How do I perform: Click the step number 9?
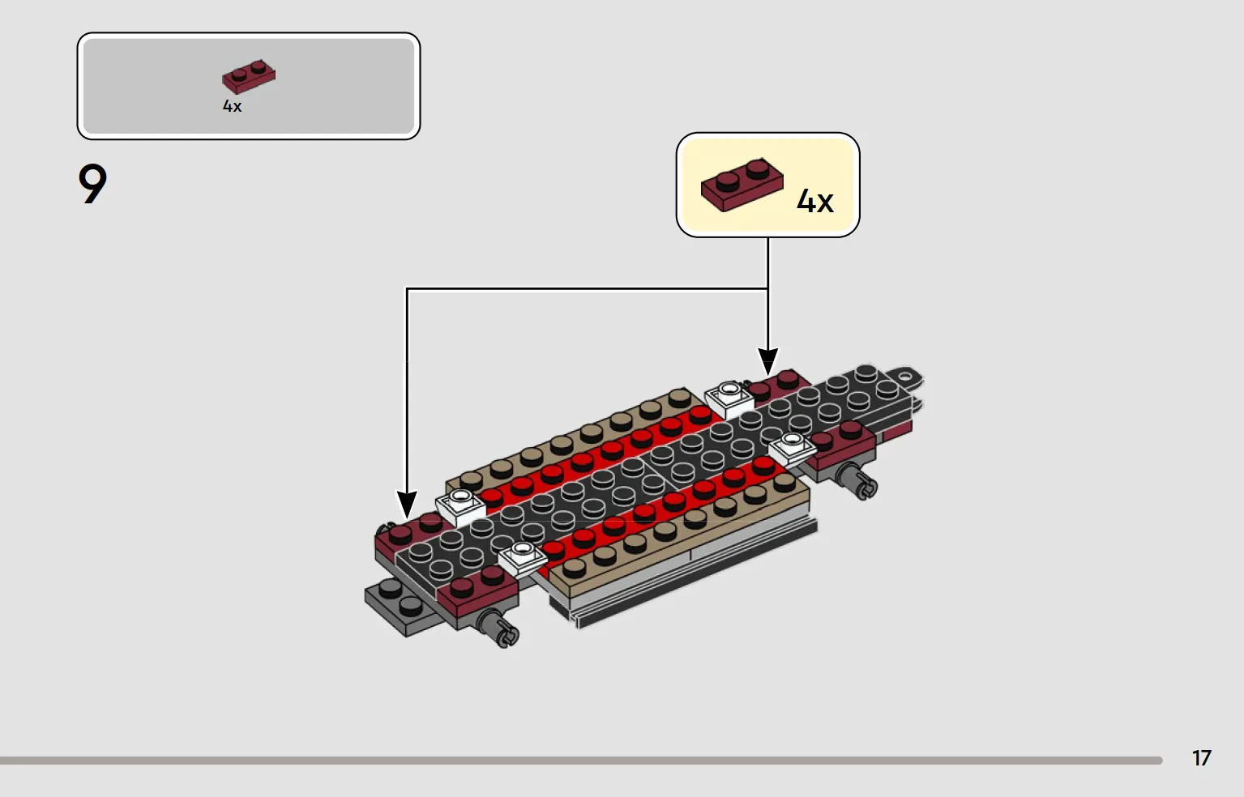tap(92, 184)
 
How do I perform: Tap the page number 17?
tap(1202, 758)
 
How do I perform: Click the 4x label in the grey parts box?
tap(232, 106)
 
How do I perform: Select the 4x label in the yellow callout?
tap(814, 201)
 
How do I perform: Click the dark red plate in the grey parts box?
tap(249, 76)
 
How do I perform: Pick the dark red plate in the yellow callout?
tap(742, 184)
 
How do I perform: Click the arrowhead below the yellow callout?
tap(768, 361)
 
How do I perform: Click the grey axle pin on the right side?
tap(858, 480)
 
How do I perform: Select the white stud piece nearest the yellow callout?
tap(729, 398)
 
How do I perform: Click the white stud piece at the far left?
tap(460, 507)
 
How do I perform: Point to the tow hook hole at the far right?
tap(906, 377)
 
